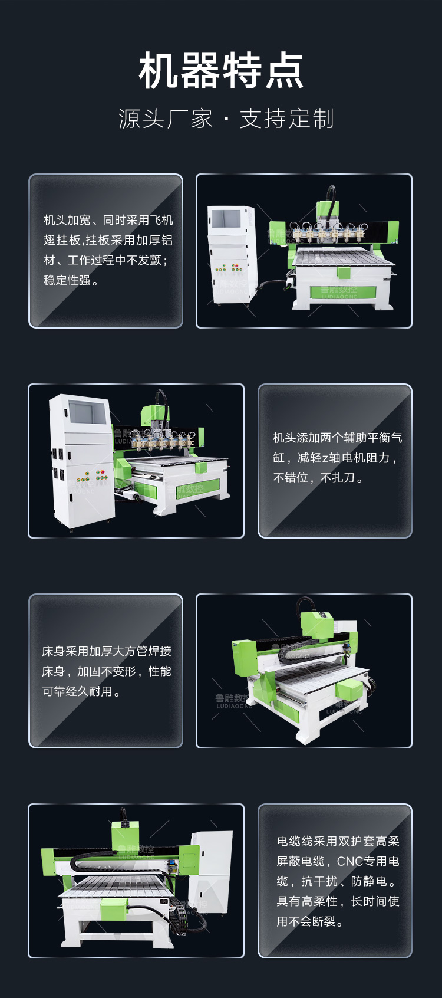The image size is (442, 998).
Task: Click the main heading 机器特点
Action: [221, 70]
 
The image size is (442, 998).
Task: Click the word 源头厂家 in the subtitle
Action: [166, 119]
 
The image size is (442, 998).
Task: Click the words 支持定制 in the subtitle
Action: [286, 119]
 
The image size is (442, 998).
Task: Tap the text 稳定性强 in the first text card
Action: [67, 280]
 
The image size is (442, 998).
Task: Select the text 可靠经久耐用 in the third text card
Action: [77, 691]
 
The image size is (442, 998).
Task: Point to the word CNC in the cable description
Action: [350, 861]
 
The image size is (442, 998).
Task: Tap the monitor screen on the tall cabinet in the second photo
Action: [88, 412]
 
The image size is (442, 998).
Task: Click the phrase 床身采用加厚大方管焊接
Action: [107, 651]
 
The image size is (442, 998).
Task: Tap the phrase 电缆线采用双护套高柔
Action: [338, 841]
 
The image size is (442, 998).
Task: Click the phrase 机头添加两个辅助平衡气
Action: [338, 438]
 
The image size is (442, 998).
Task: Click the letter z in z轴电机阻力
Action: [325, 458]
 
